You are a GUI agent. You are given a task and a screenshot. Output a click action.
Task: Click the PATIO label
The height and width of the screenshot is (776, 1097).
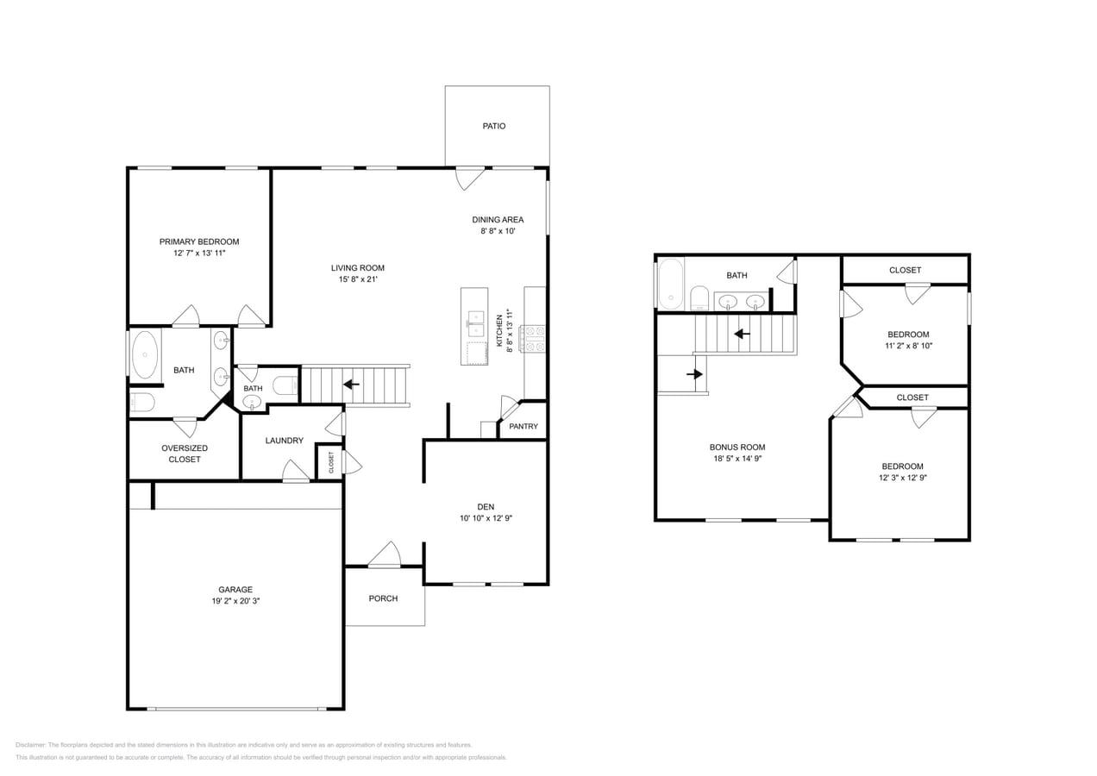(493, 126)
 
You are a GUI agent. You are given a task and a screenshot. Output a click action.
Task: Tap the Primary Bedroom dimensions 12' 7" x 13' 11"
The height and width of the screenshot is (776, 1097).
(198, 253)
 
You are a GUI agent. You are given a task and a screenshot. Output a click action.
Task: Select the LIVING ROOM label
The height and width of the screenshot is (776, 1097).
(358, 268)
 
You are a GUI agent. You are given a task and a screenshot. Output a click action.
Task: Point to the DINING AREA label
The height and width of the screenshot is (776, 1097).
(498, 220)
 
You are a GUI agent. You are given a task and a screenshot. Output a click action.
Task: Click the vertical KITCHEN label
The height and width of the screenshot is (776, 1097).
(499, 331)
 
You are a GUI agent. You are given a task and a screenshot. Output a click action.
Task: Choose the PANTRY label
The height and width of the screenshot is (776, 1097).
(523, 427)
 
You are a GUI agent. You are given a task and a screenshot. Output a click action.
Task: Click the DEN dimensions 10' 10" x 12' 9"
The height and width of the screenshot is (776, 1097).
(486, 518)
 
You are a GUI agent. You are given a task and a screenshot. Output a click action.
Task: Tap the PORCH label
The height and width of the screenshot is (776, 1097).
(383, 598)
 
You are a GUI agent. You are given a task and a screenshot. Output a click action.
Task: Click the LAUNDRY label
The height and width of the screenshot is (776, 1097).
(284, 441)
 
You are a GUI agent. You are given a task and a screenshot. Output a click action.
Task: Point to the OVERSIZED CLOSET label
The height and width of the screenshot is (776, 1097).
(185, 454)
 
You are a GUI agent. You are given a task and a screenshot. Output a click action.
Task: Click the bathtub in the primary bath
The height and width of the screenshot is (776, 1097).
(145, 354)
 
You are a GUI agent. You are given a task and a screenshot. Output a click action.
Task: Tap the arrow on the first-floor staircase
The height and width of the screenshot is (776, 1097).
(351, 385)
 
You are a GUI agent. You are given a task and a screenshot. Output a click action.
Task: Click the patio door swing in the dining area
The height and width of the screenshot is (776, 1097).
(470, 178)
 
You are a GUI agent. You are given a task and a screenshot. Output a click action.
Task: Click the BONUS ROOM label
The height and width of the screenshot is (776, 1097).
(737, 447)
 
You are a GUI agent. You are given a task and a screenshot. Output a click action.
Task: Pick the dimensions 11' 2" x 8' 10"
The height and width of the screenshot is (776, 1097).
(908, 345)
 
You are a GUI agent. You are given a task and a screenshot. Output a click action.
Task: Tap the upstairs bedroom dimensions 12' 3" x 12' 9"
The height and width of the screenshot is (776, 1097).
(902, 478)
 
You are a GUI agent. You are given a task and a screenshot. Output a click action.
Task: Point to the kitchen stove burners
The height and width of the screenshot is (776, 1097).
(534, 338)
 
